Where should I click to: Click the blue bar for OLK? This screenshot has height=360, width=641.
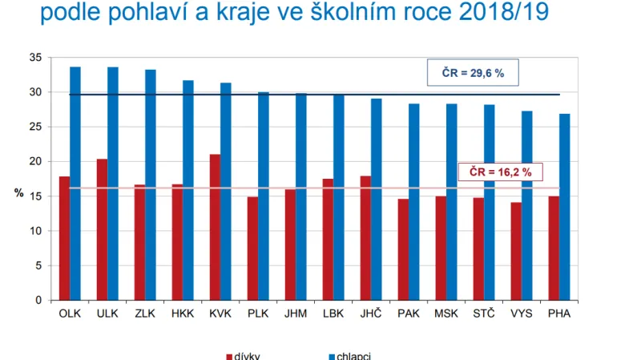pyautogui.click(x=75, y=184)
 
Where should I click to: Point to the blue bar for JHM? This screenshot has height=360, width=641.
pyautogui.click(x=300, y=196)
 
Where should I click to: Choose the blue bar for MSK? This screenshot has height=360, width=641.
pyautogui.click(x=452, y=202)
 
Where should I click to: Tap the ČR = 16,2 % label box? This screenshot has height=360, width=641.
pyautogui.click(x=495, y=172)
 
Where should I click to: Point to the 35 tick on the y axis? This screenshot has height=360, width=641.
pyautogui.click(x=34, y=59)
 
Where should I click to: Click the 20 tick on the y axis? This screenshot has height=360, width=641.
pyautogui.click(x=34, y=162)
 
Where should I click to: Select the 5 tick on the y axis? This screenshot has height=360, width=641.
pyautogui.click(x=38, y=265)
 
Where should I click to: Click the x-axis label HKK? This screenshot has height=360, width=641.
pyautogui.click(x=182, y=313)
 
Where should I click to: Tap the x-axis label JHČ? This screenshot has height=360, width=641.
pyautogui.click(x=371, y=313)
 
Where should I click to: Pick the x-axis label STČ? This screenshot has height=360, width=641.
pyautogui.click(x=484, y=313)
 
